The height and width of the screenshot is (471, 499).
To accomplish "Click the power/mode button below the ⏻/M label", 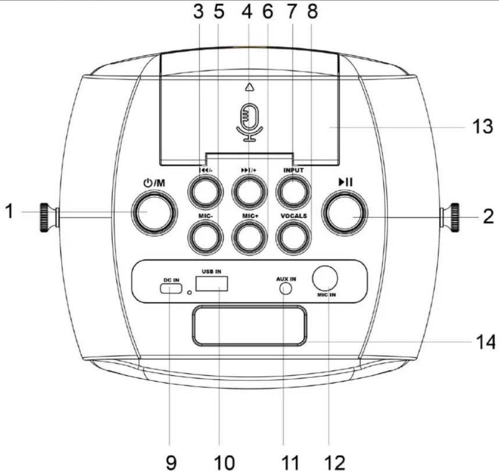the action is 155,212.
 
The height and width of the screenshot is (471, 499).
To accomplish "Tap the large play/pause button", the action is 344,212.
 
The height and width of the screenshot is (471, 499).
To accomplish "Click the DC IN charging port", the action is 171,288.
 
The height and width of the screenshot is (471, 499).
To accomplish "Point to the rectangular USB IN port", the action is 212,284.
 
